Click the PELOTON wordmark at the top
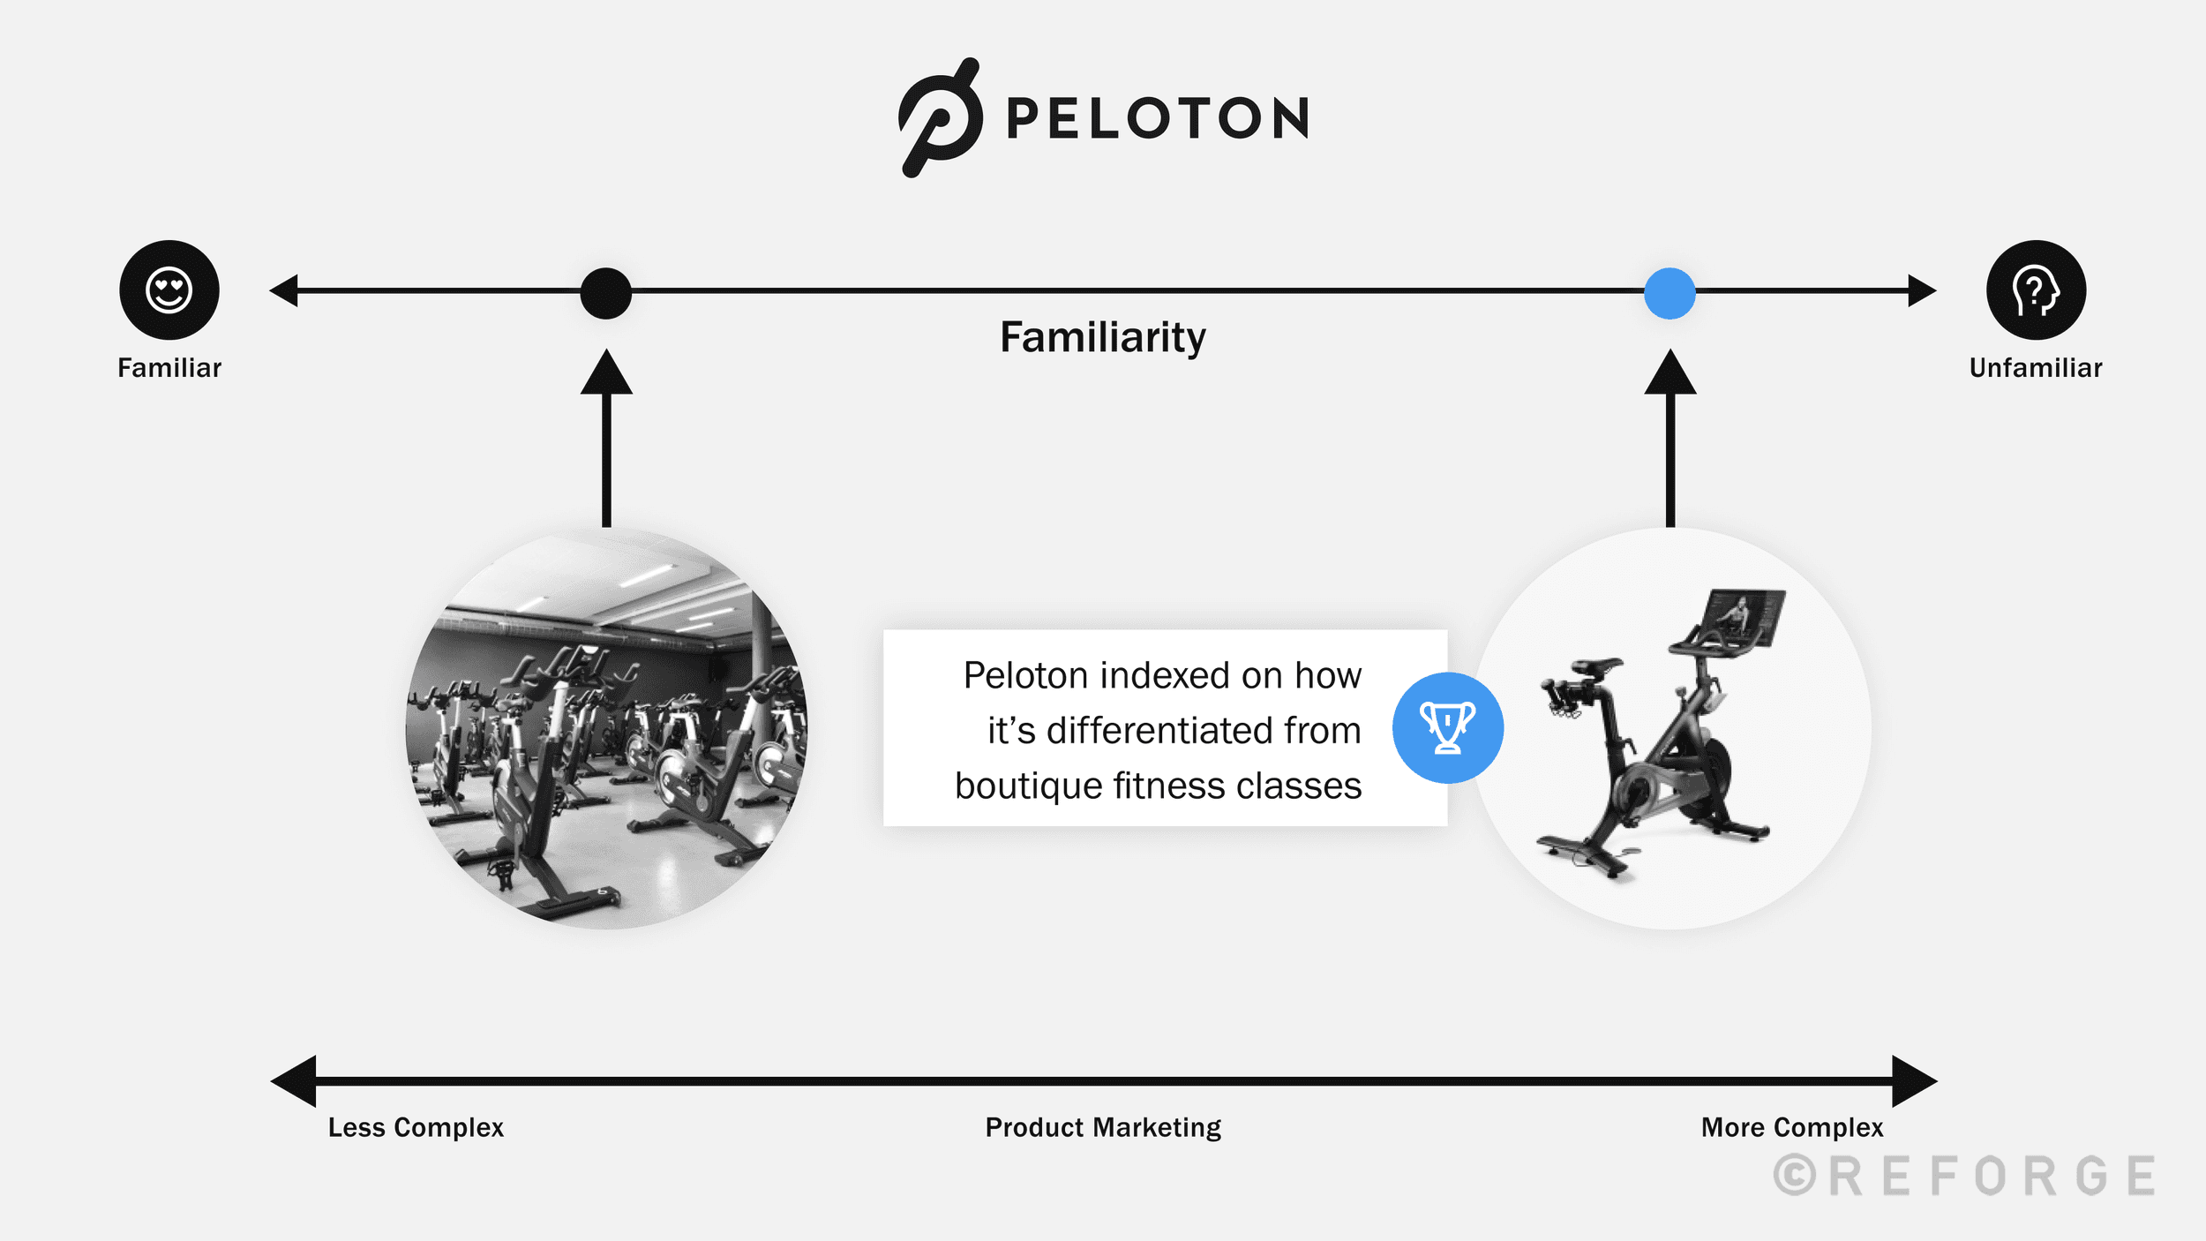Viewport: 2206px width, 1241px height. click(1158, 118)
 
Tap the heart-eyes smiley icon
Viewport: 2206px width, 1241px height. click(169, 290)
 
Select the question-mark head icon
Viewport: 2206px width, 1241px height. click(2036, 290)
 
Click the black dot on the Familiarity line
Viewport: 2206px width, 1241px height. click(606, 293)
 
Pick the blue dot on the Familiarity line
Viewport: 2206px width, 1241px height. click(1670, 293)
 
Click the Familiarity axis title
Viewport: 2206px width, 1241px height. click(1102, 337)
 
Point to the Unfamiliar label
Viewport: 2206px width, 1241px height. click(2036, 368)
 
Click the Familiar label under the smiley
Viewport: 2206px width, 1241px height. click(169, 368)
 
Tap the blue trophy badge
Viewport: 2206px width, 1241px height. click(1447, 727)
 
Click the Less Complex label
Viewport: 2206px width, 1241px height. click(416, 1127)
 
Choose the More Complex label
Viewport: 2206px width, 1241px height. click(1792, 1127)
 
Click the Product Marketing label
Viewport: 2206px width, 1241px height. click(1103, 1127)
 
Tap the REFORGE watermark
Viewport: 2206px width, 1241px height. click(1964, 1176)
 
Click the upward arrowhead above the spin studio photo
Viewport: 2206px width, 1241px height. click(606, 373)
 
